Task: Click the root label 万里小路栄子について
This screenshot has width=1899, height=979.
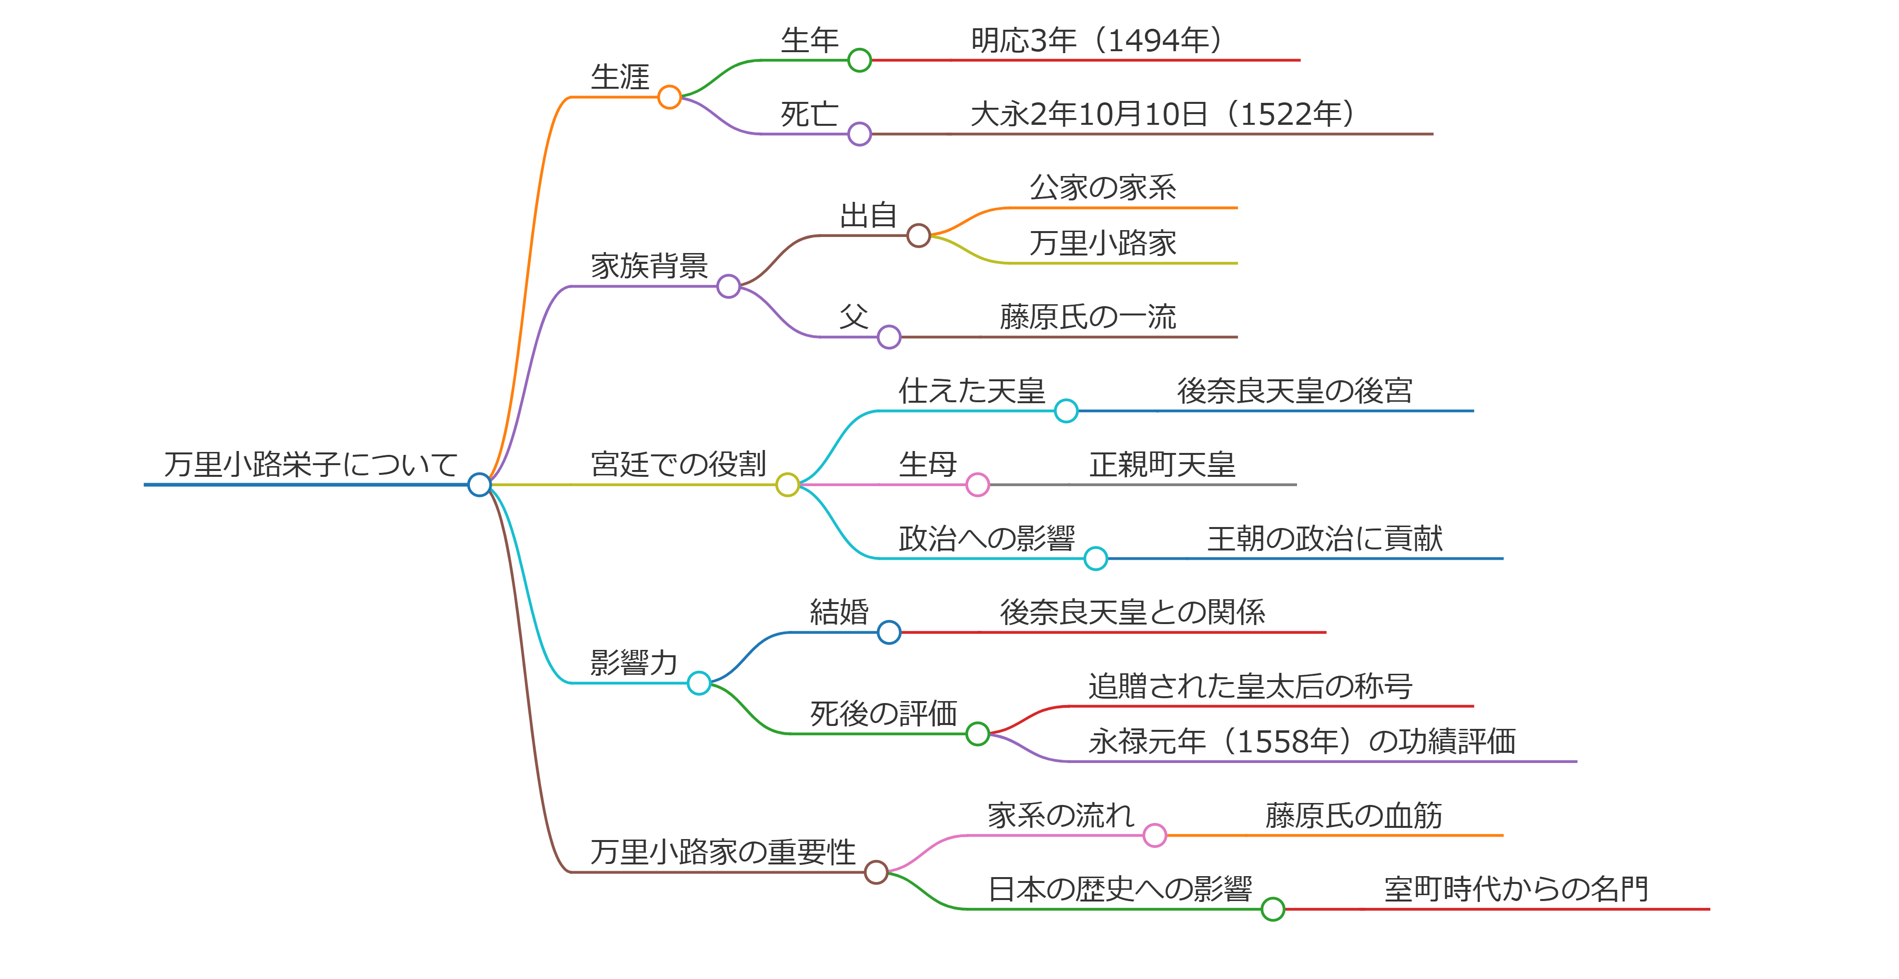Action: tap(310, 465)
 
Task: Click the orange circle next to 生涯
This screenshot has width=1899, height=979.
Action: tap(669, 97)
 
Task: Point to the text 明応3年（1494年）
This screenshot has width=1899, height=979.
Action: tap(1096, 40)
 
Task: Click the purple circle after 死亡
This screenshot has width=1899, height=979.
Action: tap(859, 134)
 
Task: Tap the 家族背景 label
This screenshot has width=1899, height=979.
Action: tap(649, 265)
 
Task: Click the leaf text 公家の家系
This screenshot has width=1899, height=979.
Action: tap(1103, 187)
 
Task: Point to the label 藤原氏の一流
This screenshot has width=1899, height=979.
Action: tap(1088, 317)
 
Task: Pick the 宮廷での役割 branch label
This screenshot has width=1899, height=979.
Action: tap(678, 465)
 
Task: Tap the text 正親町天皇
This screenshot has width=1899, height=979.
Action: tap(1162, 465)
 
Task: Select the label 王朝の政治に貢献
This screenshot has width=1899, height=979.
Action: tap(1325, 539)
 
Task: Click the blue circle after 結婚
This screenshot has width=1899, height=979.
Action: tap(889, 632)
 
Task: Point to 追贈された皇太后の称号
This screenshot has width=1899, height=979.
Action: tap(1250, 686)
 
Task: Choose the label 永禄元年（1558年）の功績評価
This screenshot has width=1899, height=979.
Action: tap(1302, 742)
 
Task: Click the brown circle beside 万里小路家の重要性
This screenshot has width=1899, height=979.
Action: tap(876, 872)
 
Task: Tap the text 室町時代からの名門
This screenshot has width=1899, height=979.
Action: tap(1516, 889)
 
